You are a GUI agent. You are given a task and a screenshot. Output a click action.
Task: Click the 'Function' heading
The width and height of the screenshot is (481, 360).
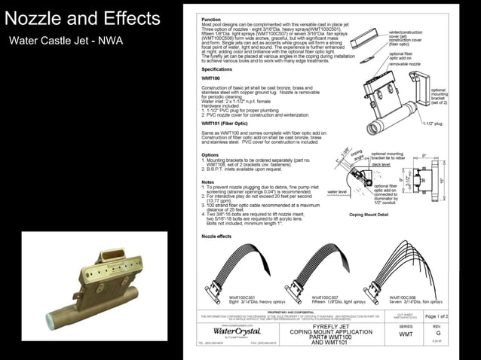pos(211,18)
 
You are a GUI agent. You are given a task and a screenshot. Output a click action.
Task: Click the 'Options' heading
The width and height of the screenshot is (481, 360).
pos(210,154)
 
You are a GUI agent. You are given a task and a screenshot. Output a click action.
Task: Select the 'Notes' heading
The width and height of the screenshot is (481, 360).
pos(208,182)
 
